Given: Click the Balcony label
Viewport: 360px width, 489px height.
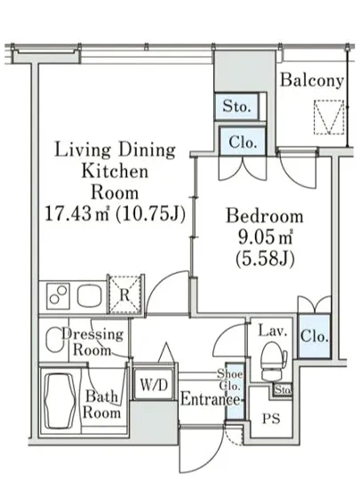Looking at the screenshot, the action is tap(312, 80).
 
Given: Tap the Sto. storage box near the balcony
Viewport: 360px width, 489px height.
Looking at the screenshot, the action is tap(236, 107).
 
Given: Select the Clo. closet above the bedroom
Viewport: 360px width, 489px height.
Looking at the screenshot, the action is tap(242, 141).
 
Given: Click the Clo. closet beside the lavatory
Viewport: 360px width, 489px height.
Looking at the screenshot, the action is tap(314, 336).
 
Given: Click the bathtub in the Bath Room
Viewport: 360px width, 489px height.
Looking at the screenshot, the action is tap(60, 401).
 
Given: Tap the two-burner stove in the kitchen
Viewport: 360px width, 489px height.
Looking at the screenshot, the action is tap(58, 296).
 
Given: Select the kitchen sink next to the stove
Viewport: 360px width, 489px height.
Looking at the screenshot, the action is tap(90, 295).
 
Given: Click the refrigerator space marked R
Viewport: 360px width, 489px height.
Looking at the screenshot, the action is tap(125, 294).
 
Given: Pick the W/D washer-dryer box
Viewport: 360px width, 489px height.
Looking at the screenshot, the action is tap(154, 384).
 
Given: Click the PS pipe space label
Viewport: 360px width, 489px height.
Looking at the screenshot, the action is tap(271, 418).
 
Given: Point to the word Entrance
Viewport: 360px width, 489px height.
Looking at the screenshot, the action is tap(210, 399).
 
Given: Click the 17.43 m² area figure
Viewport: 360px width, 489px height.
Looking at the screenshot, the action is tap(77, 213).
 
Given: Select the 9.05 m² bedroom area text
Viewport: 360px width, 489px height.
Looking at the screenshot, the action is tap(265, 238).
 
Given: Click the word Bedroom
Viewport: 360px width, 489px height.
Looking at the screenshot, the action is tap(264, 216).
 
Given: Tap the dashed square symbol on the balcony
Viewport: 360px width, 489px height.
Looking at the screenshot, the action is tap(329, 117).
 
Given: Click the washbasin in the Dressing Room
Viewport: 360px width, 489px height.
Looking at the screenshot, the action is tap(54, 341).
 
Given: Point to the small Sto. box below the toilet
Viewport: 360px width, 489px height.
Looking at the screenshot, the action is tap(283, 389).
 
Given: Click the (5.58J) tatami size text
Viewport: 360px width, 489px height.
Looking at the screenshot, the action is tap(265, 259).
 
